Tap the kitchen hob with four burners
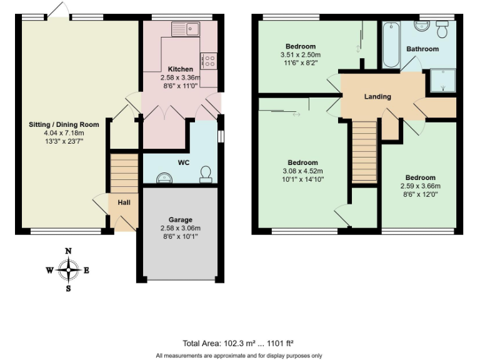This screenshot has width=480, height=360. pyautogui.click(x=208, y=61)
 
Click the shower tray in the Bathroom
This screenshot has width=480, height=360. pyautogui.click(x=441, y=80)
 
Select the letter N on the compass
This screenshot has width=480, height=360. pyautogui.click(x=69, y=251)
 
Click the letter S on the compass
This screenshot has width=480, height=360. pyautogui.click(x=69, y=289)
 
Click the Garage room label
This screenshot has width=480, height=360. pyautogui.click(x=179, y=219)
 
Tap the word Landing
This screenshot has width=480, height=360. pyautogui.click(x=377, y=97)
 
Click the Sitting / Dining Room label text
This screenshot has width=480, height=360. pyautogui.click(x=56, y=124)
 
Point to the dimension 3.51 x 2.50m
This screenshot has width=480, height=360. pyautogui.click(x=301, y=55)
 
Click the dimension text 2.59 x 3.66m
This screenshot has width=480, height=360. pyautogui.click(x=420, y=186)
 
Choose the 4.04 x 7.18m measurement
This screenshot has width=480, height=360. pyautogui.click(x=56, y=132)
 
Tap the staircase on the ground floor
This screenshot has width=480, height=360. pyautogui.click(x=124, y=173)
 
